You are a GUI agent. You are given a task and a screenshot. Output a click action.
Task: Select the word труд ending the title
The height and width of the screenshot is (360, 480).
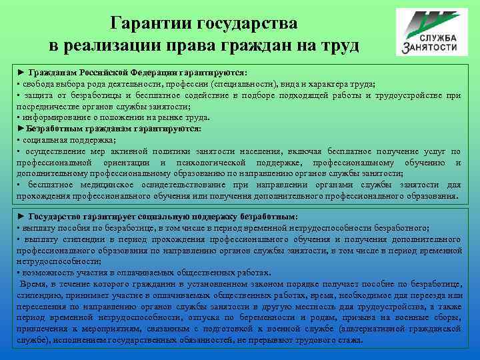(339, 46)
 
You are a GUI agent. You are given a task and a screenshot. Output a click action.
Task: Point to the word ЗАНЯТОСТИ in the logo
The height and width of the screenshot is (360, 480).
(430, 48)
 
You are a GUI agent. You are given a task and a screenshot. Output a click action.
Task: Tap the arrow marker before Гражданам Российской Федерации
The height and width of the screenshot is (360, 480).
(21, 71)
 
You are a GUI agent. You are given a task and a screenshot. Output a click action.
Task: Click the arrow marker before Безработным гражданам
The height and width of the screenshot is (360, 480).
(21, 127)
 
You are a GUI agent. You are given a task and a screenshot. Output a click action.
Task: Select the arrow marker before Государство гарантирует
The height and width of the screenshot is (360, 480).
(21, 217)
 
